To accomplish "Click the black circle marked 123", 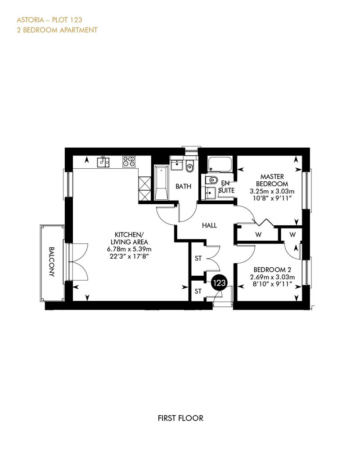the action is [x=219, y=283].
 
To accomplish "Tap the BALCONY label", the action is [x=52, y=262].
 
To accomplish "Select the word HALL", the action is [x=209, y=225].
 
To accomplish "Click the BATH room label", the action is [x=184, y=186].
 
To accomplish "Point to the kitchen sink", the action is [x=103, y=161].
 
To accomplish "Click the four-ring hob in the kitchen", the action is [x=129, y=161].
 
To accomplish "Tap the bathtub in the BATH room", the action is [x=161, y=183].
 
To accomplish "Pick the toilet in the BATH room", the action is [x=189, y=167].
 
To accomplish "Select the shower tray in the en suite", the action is [x=220, y=164].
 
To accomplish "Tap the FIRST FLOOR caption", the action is [x=180, y=418].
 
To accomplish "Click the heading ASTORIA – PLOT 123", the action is [x=49, y=20].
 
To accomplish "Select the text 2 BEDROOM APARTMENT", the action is [x=57, y=30].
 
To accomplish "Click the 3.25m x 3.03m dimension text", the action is [x=272, y=191].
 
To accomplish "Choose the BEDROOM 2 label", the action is [x=272, y=270].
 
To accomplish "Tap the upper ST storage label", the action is [x=198, y=259].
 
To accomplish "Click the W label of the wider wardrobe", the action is [x=258, y=235].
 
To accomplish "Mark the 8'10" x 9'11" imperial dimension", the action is [x=272, y=284].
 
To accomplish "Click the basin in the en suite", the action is [x=211, y=193].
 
